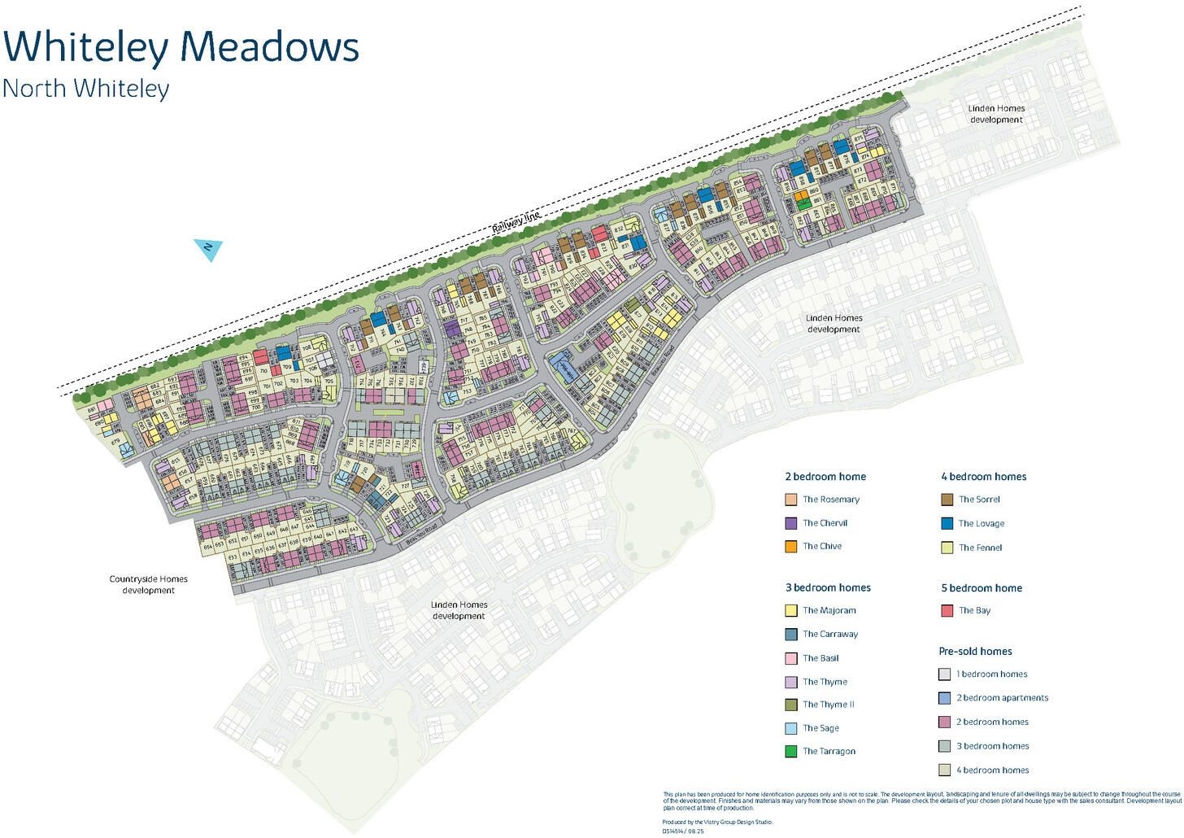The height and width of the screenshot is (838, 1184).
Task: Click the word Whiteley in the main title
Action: [86, 47]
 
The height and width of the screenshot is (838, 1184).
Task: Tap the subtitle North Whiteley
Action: [85, 88]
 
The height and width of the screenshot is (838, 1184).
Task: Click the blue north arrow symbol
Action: [208, 248]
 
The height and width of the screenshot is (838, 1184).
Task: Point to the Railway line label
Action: [516, 221]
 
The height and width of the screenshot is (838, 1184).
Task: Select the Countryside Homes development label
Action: [148, 584]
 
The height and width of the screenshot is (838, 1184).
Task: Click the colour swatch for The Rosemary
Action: [790, 500]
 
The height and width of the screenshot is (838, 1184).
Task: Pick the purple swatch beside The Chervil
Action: [790, 523]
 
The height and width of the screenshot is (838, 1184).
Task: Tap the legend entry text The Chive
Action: [821, 546]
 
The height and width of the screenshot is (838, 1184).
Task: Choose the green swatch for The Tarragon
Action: [790, 751]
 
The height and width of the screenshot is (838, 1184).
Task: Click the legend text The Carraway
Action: [829, 634]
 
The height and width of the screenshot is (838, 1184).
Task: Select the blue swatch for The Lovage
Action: [947, 523]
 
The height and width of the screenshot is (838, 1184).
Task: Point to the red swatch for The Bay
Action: [947, 610]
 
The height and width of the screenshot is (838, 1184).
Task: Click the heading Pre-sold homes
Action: [975, 651]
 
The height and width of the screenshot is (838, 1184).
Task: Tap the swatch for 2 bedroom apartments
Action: [944, 697]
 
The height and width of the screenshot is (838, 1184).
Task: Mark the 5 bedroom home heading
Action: [981, 587]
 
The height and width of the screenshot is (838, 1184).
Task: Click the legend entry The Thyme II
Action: [828, 705]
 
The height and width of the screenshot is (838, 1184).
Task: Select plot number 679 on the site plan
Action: [115, 443]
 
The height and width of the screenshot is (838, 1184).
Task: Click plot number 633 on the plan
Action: [233, 557]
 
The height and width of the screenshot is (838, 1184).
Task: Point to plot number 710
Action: [264, 371]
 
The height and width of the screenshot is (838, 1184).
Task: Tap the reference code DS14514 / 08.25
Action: [683, 831]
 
